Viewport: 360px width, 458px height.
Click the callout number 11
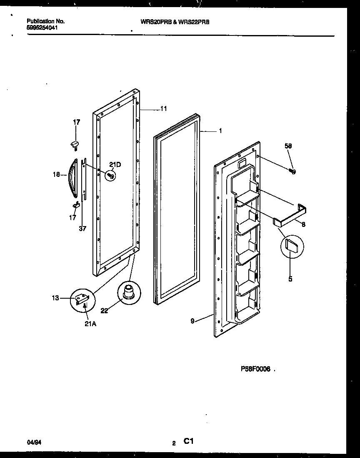click(163, 109)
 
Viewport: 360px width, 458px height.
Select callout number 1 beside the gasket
click(220, 131)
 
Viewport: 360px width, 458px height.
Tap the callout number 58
click(288, 146)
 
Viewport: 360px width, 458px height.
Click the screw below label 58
click(293, 171)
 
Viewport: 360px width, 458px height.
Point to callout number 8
click(303, 224)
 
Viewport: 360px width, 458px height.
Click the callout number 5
click(290, 279)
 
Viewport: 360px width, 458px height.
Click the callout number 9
click(192, 322)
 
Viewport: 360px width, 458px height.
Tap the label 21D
click(115, 165)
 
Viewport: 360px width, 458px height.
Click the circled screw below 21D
click(111, 176)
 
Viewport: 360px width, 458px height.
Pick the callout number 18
click(57, 175)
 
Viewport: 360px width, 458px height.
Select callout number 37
click(82, 229)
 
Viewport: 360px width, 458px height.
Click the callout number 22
click(105, 310)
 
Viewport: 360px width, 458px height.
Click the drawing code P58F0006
click(255, 369)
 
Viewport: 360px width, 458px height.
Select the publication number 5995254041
click(42, 28)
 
